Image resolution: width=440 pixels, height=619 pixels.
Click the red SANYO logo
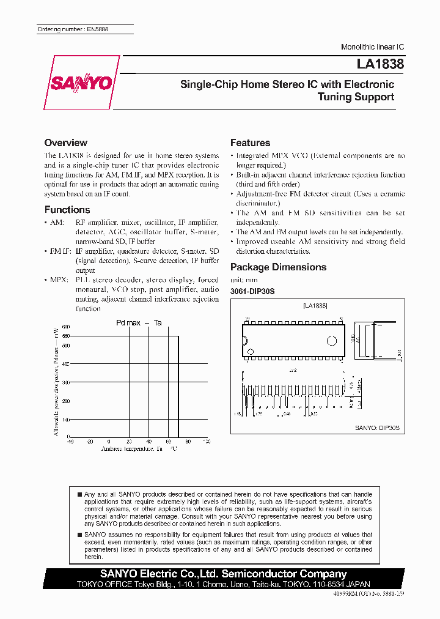coord(81,83)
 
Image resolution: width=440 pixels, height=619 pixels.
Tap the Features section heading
coord(250,143)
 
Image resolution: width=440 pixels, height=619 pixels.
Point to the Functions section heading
coord(67,209)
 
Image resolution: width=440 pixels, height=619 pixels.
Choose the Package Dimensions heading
coord(278,267)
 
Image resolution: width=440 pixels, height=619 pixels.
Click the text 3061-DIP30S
coord(252,292)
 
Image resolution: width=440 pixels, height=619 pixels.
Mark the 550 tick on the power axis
coord(65,336)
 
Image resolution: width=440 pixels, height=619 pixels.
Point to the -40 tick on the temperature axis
coord(70,441)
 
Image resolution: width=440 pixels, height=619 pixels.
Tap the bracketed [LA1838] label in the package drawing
coord(315,305)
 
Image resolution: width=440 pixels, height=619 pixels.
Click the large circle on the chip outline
coord(332,341)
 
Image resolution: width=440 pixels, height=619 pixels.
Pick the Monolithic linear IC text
coord(372,47)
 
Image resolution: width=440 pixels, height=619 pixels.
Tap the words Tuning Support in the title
coord(356,97)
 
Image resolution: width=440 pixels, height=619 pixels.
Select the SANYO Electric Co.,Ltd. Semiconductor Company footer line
coord(224,574)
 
